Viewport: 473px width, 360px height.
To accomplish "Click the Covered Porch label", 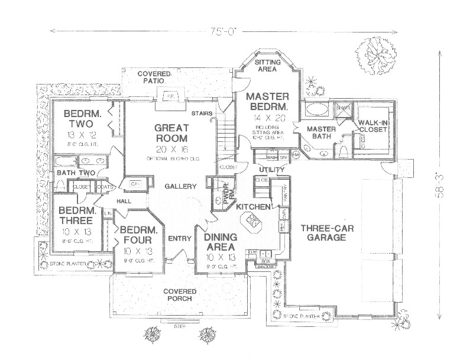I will [x=180, y=296].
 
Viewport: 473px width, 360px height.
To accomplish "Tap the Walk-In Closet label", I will [x=372, y=125].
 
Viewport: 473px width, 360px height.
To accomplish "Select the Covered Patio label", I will [x=155, y=77].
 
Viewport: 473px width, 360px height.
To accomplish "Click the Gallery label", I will [x=180, y=186].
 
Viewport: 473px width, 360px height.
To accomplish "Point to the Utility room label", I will [x=271, y=170].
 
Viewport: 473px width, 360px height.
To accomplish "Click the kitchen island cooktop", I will [x=254, y=221].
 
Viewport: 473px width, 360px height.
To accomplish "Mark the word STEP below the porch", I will [x=179, y=326].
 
